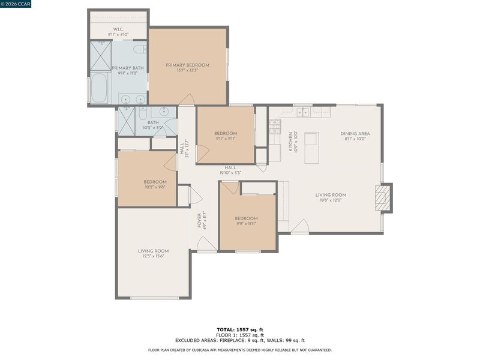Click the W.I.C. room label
(118, 29)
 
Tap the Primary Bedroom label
(187, 65)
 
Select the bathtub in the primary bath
(99, 88)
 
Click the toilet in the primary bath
(141, 49)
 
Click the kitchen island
(311, 148)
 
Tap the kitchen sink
(303, 112)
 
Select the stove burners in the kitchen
(275, 127)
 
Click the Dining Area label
(355, 133)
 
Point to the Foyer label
(199, 221)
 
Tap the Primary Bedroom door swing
(187, 99)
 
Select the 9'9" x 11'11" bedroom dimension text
(246, 224)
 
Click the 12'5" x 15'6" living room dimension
(153, 256)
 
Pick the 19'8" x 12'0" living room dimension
(331, 200)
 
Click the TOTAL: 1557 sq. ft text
(239, 329)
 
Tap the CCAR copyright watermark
(16, 4)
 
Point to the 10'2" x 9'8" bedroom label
(155, 187)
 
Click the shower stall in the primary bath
(100, 56)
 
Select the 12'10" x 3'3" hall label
(230, 173)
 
